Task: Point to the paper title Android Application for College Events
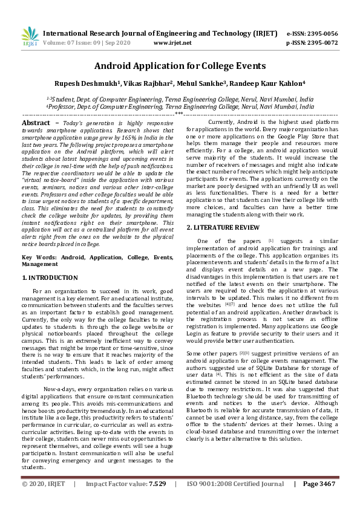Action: point(180,65)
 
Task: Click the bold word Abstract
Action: point(36,123)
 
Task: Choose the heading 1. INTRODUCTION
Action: point(50,277)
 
